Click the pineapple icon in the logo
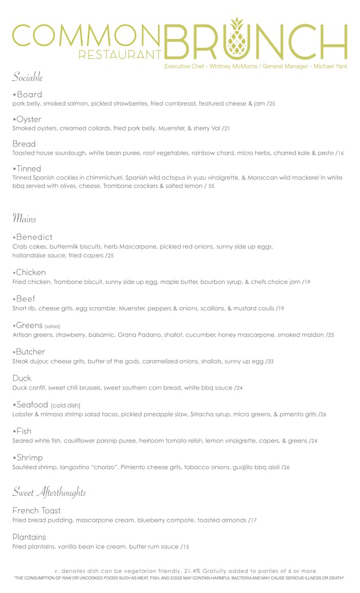pyautogui.click(x=237, y=40)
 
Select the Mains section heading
pyautogui.click(x=24, y=218)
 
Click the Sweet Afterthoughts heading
pyautogui.click(x=50, y=492)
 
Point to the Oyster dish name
pyautogui.click(x=27, y=119)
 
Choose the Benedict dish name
pyautogui.click(x=34, y=237)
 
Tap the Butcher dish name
pyautogui.click(x=31, y=352)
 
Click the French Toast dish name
pyautogui.click(x=36, y=510)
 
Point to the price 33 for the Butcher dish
pyautogui.click(x=270, y=361)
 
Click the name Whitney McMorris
pyautogui.click(x=232, y=66)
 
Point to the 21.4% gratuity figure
pyautogui.click(x=195, y=570)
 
